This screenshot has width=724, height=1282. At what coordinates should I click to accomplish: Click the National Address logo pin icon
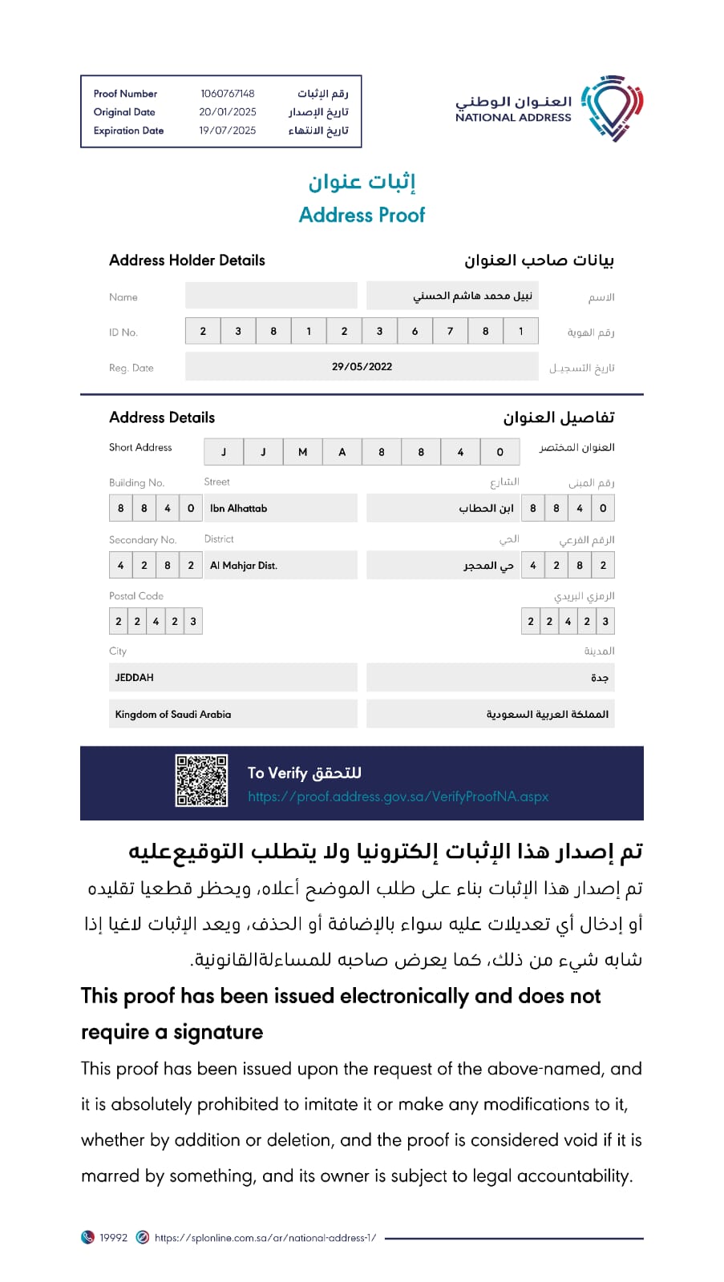[x=613, y=108]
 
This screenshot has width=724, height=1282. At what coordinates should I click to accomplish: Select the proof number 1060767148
[x=228, y=94]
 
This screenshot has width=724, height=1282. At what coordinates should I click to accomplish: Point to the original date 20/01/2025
[x=228, y=112]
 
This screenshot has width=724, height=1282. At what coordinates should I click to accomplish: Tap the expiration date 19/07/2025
[x=228, y=131]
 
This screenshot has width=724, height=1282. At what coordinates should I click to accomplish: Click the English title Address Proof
[x=362, y=215]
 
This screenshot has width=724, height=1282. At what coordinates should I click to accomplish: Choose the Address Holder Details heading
[x=187, y=260]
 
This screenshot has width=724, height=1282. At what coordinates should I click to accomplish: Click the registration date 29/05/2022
[x=362, y=367]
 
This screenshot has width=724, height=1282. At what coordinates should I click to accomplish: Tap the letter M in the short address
[x=302, y=452]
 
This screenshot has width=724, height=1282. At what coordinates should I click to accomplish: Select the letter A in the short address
[x=342, y=452]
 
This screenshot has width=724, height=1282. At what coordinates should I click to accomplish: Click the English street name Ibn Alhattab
[x=238, y=508]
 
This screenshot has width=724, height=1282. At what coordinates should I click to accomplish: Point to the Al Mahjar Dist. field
[x=244, y=566]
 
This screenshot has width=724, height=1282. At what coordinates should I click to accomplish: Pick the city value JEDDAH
[x=135, y=678]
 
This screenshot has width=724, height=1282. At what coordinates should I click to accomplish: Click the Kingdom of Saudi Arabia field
[x=173, y=715]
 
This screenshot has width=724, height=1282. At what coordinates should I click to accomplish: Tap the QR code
[x=202, y=780]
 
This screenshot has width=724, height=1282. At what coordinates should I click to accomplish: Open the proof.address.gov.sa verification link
[x=398, y=796]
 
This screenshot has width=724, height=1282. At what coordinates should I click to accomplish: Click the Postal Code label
[x=136, y=596]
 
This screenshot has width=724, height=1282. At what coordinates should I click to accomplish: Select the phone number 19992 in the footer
[x=113, y=1238]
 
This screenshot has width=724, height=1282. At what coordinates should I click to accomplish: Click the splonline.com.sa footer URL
[x=265, y=1238]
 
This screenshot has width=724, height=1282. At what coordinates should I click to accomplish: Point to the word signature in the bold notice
[x=218, y=1032]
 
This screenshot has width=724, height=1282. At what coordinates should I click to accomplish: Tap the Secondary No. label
[x=143, y=540]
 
